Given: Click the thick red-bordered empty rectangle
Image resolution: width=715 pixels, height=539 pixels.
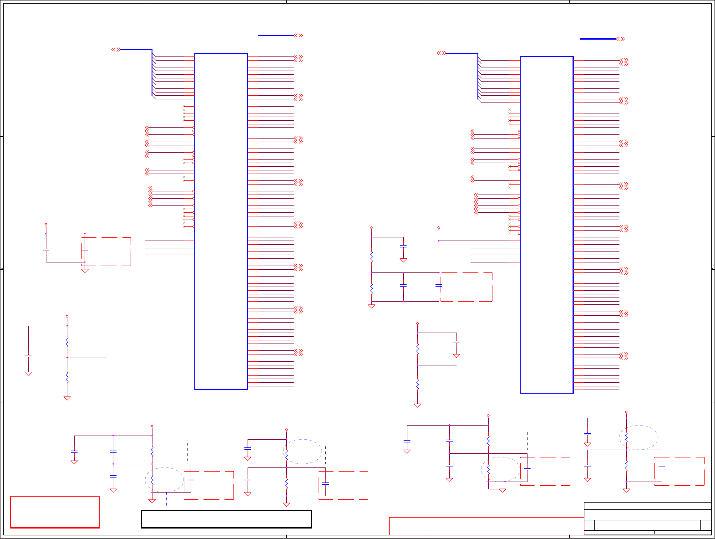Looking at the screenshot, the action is click(55, 512).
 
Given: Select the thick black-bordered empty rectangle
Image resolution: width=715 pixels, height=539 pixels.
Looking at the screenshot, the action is click(226, 519).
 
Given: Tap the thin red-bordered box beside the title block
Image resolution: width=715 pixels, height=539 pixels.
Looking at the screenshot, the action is click(486, 526).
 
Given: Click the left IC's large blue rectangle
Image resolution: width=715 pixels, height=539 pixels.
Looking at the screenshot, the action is click(221, 221).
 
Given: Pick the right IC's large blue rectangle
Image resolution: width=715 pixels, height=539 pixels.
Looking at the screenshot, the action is click(547, 225).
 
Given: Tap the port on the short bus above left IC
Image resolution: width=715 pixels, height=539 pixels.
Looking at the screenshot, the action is click(299, 36).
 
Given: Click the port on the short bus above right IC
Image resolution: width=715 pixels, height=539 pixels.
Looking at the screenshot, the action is click(620, 39).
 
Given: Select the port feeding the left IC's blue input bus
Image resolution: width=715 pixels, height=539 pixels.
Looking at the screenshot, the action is click(116, 50).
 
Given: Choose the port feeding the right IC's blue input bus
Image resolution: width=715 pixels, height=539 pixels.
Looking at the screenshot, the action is click(441, 53).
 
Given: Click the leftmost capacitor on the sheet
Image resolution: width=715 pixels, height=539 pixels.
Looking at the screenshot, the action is click(28, 355).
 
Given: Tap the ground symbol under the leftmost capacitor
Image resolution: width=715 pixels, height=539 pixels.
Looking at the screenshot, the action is click(28, 373).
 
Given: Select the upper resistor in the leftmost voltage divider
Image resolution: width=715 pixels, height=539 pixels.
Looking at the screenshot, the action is click(67, 341).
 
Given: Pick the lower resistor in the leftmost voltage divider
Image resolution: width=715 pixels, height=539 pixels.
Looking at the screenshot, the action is click(67, 377).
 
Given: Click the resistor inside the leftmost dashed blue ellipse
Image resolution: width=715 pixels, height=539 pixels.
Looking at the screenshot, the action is click(152, 479).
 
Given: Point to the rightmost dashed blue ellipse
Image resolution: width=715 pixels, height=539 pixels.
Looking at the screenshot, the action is click(639, 437).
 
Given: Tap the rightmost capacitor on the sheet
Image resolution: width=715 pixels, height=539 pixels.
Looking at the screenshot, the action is click(662, 466).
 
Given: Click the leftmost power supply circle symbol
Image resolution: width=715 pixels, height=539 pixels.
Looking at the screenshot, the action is click(46, 224).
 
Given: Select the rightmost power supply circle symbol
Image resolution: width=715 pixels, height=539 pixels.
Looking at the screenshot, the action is click(626, 411).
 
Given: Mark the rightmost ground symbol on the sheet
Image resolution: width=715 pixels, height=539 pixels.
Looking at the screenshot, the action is click(626, 490).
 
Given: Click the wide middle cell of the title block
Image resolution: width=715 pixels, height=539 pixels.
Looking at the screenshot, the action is click(647, 525).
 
